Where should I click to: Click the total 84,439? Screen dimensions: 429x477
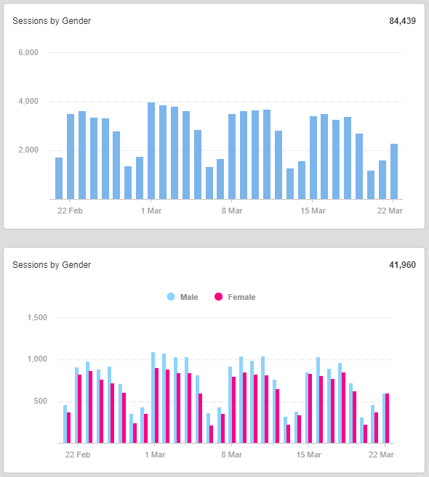[402, 21]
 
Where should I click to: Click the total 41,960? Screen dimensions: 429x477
[402, 265]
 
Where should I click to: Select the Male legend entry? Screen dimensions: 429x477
[183, 297]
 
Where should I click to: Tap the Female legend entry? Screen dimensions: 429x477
[235, 297]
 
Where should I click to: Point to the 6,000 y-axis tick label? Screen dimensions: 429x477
[28, 52]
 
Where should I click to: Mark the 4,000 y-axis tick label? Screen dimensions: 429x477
[28, 102]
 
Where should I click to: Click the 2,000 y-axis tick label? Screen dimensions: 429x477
[28, 150]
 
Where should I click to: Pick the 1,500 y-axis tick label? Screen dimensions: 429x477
[37, 317]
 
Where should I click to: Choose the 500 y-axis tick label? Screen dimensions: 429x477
[41, 401]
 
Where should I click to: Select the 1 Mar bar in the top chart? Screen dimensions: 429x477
[151, 151]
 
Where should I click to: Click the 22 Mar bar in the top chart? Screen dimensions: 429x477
[394, 171]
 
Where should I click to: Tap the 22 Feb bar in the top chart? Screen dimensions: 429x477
[71, 157]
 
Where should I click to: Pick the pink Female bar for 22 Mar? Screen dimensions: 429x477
[388, 418]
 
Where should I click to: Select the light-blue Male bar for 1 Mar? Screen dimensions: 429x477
[153, 398]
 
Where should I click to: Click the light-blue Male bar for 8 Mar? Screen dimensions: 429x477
[230, 405]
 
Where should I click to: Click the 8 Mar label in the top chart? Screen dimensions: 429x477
[232, 211]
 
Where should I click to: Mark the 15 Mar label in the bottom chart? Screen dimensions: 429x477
[308, 454]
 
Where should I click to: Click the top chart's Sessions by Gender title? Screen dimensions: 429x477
[52, 21]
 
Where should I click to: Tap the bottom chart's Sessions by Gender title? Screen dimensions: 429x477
[52, 265]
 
